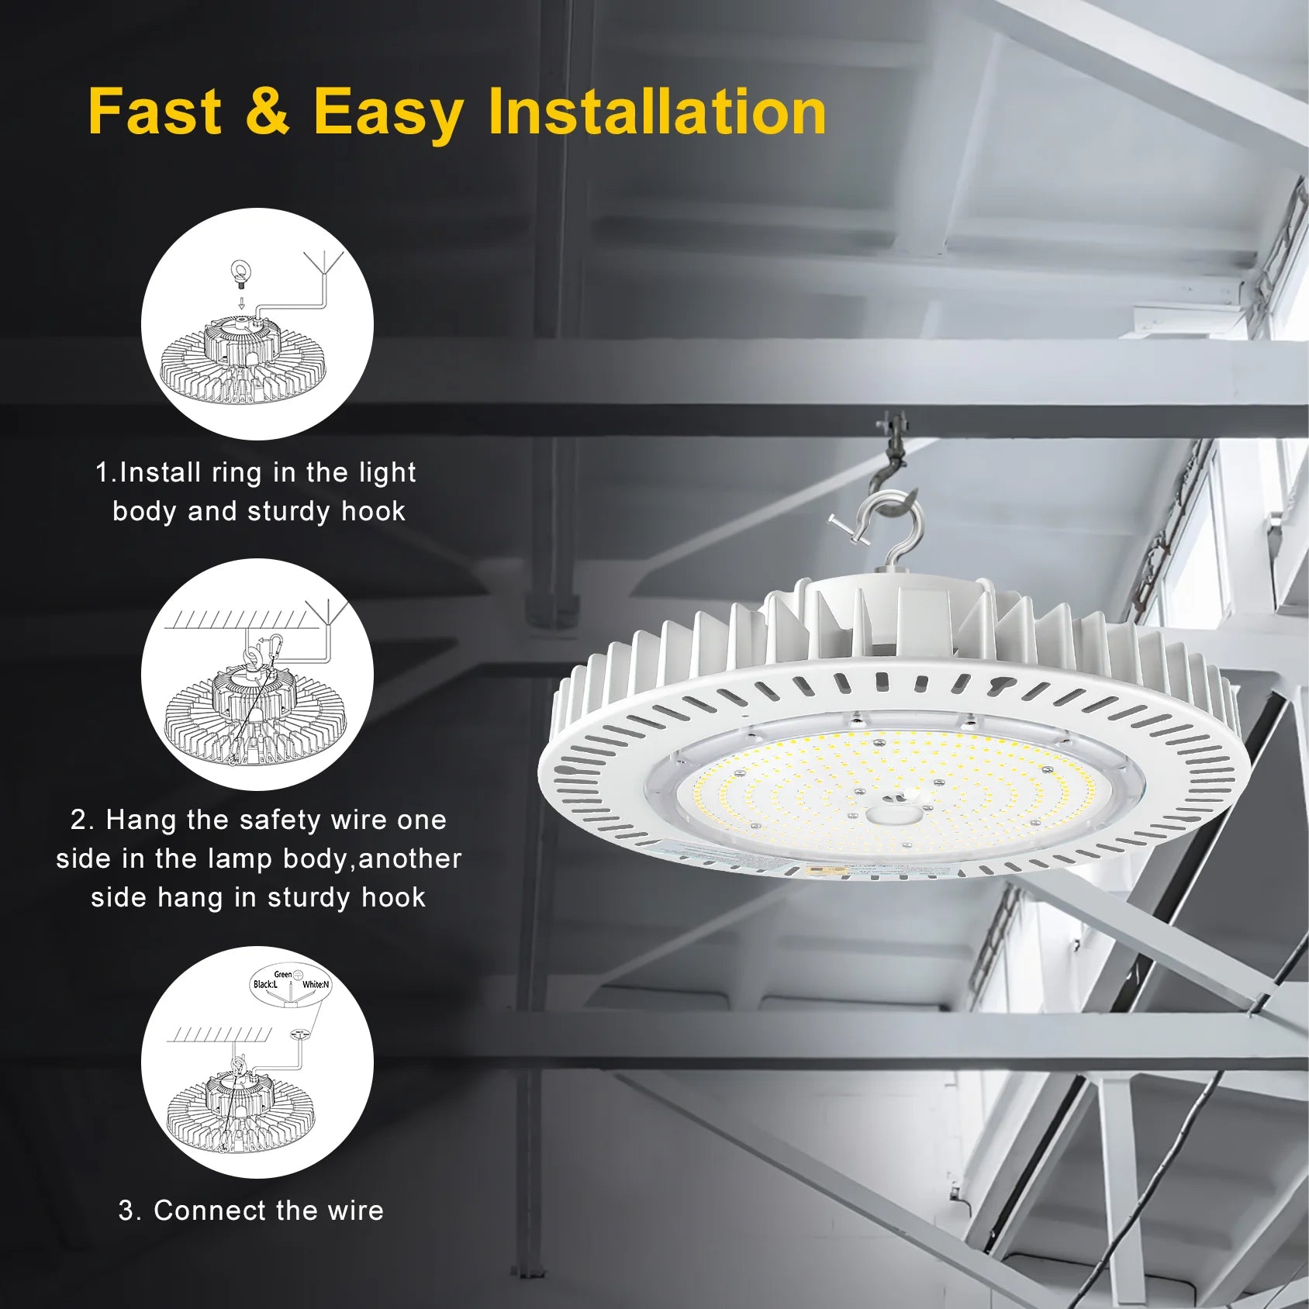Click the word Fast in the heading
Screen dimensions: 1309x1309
(x=155, y=112)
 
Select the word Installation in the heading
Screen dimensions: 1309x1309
(x=657, y=112)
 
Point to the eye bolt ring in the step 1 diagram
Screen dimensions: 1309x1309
(x=241, y=273)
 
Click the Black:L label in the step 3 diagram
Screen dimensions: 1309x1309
(x=264, y=985)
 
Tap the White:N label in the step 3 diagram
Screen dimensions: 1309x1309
(x=316, y=985)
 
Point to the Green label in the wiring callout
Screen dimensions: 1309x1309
(x=283, y=974)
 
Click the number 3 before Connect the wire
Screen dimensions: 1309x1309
(x=126, y=1211)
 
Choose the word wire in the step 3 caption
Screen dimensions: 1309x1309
(x=355, y=1211)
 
